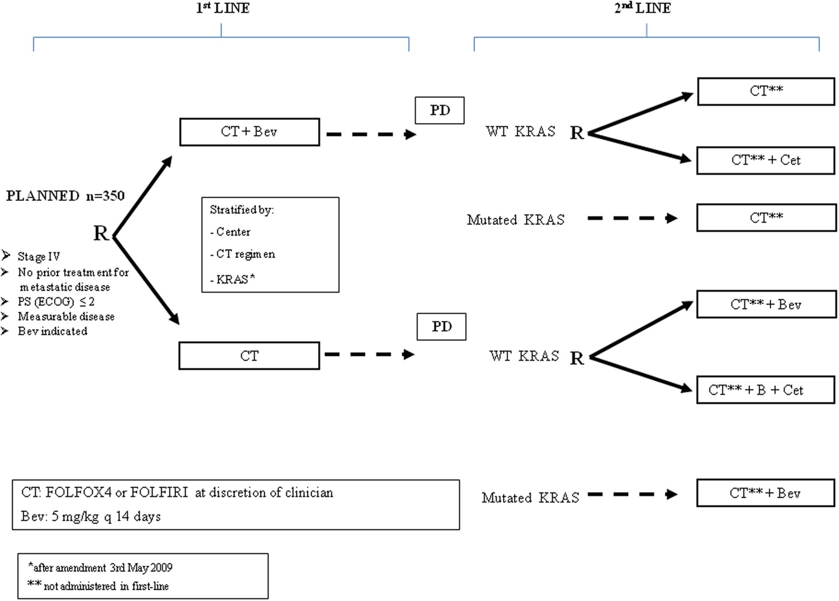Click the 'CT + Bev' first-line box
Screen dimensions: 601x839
point(249,132)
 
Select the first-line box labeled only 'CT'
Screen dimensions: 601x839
point(249,356)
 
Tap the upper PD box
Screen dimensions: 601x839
point(440,110)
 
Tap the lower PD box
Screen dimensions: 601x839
point(442,327)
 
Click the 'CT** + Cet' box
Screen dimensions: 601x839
point(765,160)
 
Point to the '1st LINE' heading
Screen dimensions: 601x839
point(222,8)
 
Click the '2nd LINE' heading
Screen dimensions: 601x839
point(642,8)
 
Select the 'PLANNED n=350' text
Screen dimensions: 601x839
point(65,196)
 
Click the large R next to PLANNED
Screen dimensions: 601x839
point(101,233)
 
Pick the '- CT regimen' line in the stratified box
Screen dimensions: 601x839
point(242,254)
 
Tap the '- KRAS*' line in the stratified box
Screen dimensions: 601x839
point(232,279)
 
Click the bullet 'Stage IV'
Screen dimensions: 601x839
point(38,257)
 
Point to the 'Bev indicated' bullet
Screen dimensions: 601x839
point(52,331)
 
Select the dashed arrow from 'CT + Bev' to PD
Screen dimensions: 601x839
point(371,134)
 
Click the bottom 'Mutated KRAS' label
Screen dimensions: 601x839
point(530,498)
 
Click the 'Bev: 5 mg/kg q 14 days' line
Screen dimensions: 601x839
point(91,516)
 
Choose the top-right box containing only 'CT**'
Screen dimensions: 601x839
point(765,91)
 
